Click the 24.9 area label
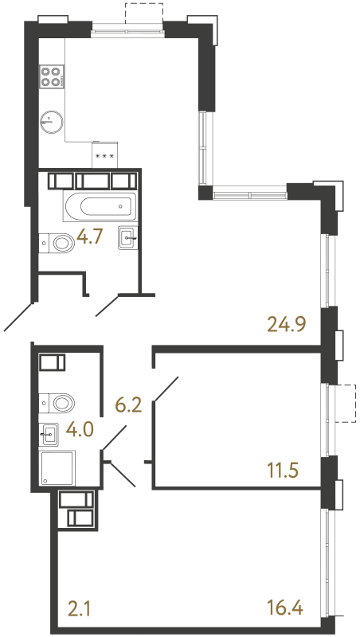point(287,325)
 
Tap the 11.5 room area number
point(283,471)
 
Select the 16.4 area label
point(285,609)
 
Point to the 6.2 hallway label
point(128,405)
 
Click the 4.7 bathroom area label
point(91,237)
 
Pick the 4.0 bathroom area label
point(81,428)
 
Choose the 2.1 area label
point(80,609)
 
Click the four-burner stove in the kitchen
point(51,76)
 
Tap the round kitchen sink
point(52,121)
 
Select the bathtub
point(100,206)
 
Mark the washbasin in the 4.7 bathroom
point(127,237)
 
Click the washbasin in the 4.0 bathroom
point(49,434)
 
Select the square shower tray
point(57,467)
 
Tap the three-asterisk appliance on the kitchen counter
point(105,154)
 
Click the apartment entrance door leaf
point(18,317)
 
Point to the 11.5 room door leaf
point(166,389)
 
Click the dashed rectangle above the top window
point(144,13)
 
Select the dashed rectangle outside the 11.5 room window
point(346,404)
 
